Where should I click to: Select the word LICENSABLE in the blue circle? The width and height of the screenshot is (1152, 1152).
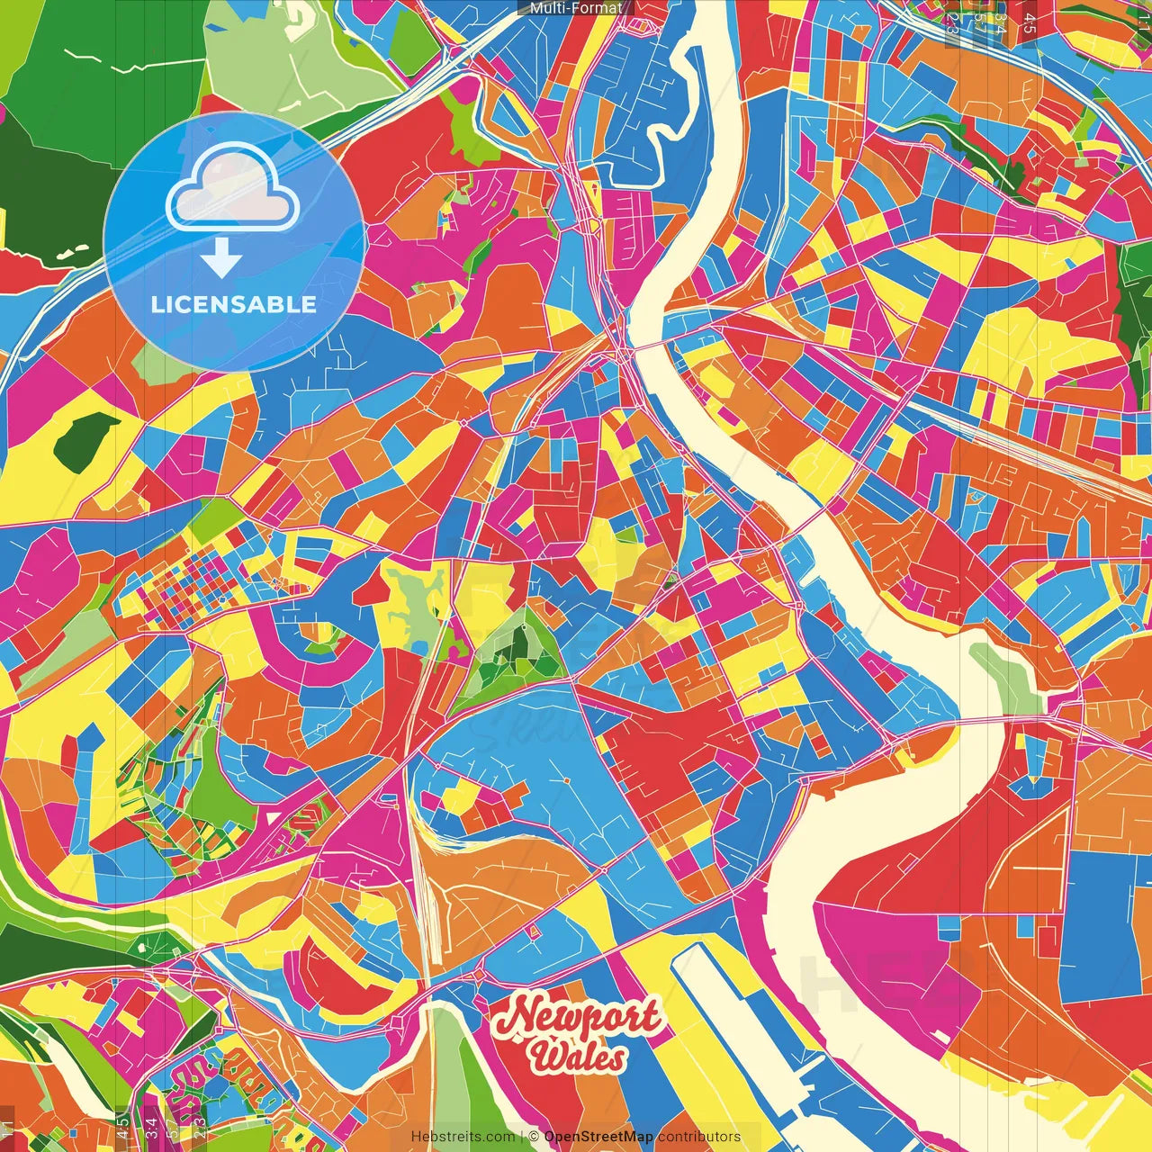[234, 304]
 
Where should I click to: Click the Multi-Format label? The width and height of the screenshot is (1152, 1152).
[575, 8]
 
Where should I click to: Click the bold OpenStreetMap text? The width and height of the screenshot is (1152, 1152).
[598, 1137]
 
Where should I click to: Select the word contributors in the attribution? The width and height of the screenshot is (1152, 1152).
[699, 1137]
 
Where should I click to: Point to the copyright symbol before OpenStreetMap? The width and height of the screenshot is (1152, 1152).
[534, 1137]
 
